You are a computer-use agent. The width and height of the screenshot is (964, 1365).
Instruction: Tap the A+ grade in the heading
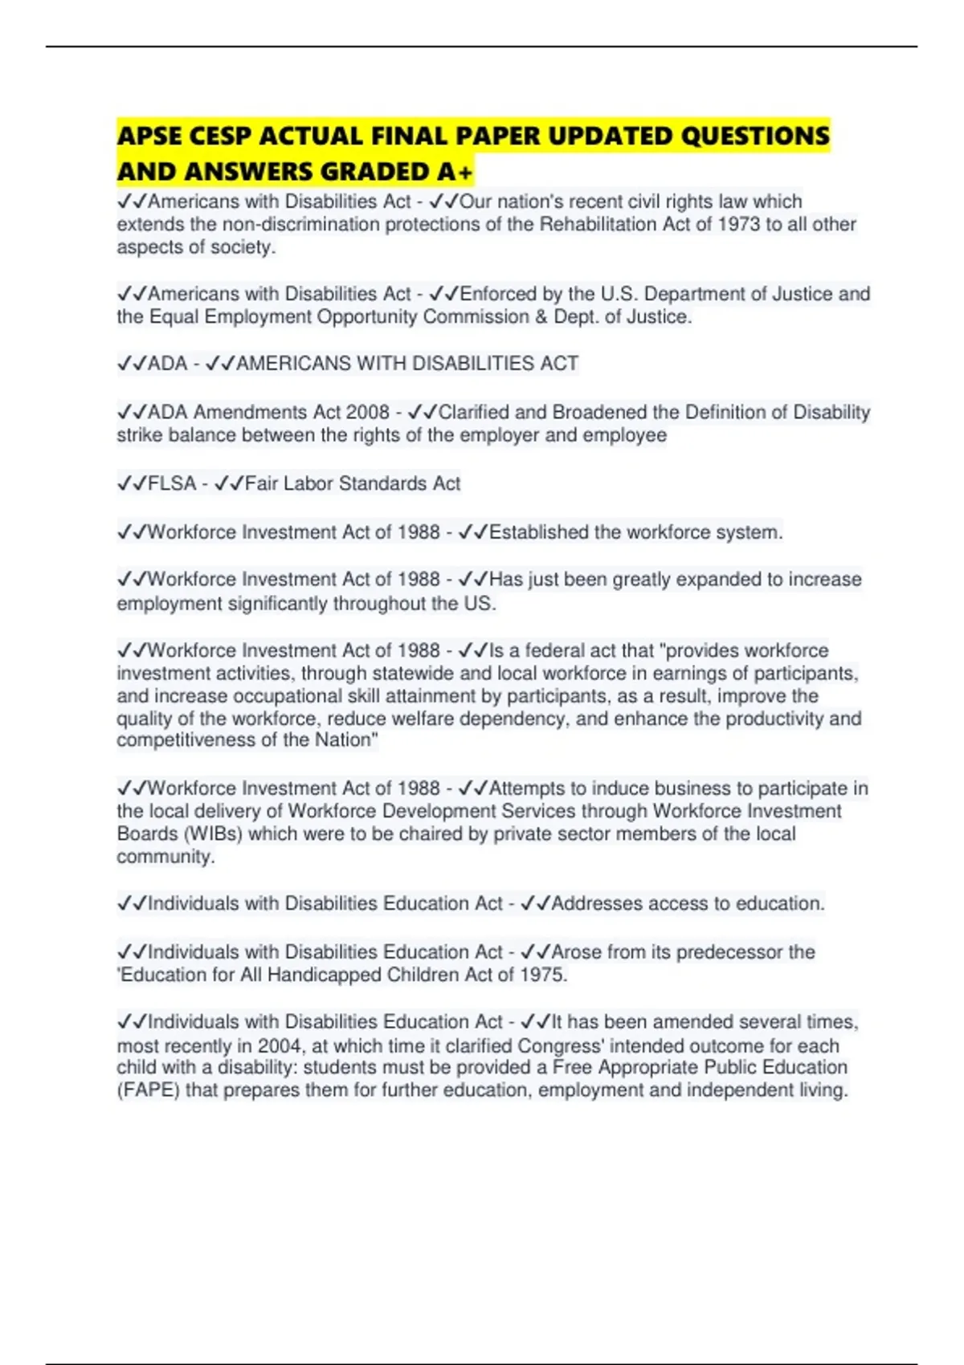[455, 172]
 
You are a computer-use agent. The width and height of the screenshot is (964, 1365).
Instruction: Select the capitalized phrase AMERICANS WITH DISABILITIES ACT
[407, 364]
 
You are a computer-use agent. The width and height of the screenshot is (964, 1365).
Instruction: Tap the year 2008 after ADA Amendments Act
[367, 412]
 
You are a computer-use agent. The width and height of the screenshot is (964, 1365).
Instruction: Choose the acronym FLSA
[172, 483]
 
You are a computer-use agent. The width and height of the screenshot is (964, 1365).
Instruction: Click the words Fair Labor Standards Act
[353, 483]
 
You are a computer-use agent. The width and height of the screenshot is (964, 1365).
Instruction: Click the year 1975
[542, 975]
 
